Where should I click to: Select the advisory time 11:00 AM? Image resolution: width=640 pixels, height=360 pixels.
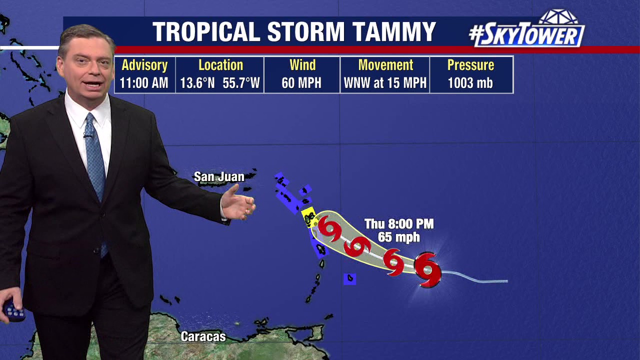coord(144,83)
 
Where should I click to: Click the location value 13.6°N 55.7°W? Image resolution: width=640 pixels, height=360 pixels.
coord(220,83)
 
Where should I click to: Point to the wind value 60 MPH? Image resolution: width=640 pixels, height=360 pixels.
coord(301,83)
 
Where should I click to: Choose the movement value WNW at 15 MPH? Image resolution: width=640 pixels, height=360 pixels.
coord(385,83)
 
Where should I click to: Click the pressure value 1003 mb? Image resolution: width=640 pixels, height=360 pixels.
coord(470,83)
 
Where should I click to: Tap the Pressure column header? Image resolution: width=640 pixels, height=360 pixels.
coord(470,65)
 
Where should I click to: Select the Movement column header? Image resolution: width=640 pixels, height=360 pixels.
coord(385,65)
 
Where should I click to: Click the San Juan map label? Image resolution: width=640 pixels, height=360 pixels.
coord(219,177)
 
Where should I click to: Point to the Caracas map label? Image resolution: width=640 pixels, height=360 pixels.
coord(203,336)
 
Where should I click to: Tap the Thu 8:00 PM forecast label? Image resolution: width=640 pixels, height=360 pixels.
coord(398,224)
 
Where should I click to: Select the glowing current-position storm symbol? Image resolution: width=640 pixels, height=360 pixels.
coord(427,270)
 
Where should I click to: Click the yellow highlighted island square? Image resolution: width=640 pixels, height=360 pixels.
coord(308,216)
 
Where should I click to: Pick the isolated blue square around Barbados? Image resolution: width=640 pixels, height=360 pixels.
coord(349,278)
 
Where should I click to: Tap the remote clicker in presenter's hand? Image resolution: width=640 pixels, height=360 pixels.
coord(13,311)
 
